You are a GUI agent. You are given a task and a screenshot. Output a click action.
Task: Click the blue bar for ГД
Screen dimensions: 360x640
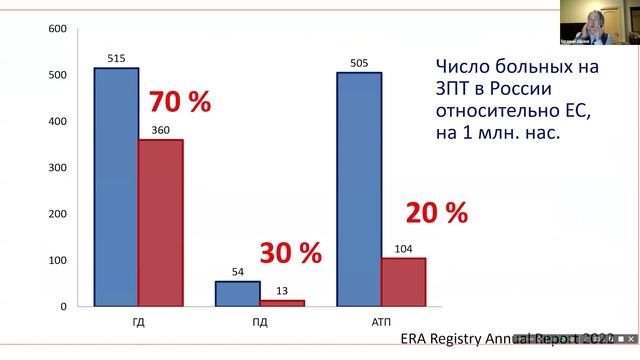coord(116,187)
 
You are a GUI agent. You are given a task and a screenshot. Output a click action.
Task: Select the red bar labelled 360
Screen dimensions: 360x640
coord(160,222)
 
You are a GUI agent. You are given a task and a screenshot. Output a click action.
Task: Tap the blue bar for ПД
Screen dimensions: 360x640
coord(237,293)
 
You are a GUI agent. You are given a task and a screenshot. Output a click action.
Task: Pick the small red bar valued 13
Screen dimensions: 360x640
coord(281,302)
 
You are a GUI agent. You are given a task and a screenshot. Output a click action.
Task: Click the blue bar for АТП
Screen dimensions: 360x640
coord(358,189)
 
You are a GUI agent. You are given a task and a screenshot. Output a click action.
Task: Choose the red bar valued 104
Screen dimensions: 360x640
coord(403,281)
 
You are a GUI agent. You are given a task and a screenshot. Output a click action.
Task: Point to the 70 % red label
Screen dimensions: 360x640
coord(180,102)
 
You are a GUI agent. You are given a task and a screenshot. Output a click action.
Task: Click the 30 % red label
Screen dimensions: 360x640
coord(291,253)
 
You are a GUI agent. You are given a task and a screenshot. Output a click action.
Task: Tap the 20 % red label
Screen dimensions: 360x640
coord(437,212)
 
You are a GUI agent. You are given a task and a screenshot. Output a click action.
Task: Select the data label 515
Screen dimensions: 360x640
coord(116,58)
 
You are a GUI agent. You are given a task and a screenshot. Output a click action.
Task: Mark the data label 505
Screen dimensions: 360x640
coord(359,63)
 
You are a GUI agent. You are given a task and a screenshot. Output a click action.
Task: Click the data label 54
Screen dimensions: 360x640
coord(237,271)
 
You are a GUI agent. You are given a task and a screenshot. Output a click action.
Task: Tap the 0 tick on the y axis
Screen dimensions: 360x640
coord(63,306)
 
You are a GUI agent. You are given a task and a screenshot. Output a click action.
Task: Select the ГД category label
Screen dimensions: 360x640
coord(138,322)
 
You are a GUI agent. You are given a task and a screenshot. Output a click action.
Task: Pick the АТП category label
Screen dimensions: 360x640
coord(381,322)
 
